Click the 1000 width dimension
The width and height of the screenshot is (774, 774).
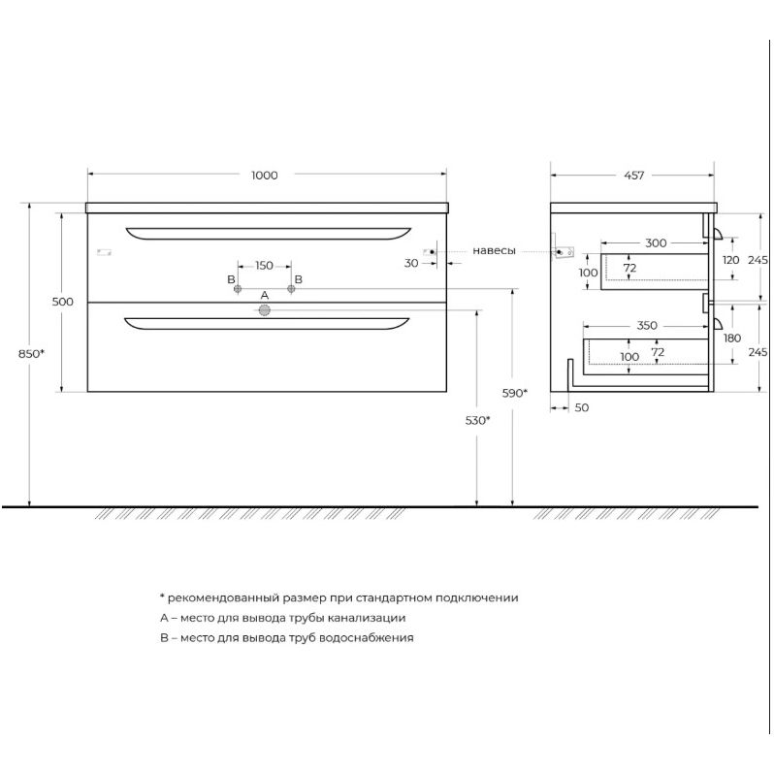click(265, 176)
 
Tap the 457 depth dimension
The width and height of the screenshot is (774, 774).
click(633, 176)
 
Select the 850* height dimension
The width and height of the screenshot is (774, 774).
click(31, 353)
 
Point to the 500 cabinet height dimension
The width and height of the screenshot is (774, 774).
click(63, 302)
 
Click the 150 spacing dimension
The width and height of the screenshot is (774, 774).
click(264, 266)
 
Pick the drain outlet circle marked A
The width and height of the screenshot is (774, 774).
click(265, 310)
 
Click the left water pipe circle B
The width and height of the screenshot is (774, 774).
click(238, 289)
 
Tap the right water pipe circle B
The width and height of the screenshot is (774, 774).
click(291, 289)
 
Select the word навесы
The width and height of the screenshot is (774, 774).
click(494, 251)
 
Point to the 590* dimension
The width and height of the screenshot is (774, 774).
click(514, 393)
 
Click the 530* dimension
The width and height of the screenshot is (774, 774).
click(477, 420)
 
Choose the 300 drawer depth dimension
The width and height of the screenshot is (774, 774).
click(656, 242)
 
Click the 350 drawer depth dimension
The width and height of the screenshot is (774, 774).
click(647, 325)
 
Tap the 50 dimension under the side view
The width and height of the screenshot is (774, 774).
click(582, 407)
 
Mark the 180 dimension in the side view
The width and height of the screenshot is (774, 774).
click(732, 339)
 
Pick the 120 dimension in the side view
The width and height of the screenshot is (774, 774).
click(731, 260)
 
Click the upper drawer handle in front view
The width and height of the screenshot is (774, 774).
click(269, 235)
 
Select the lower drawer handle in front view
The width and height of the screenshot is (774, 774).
click(267, 325)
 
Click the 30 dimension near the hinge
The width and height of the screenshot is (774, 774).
click(411, 263)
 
